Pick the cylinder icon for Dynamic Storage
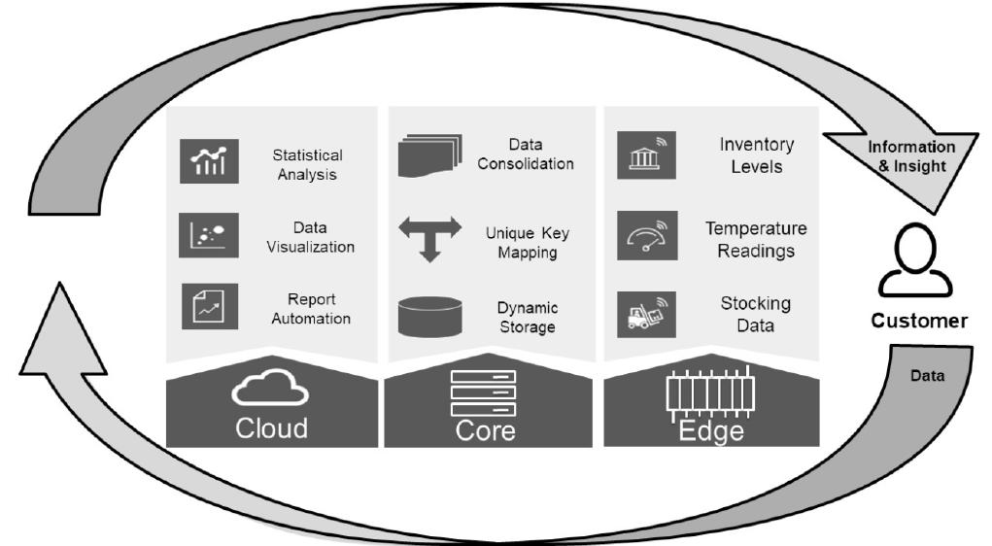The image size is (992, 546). (x=428, y=316)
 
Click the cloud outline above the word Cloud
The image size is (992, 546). (x=270, y=392)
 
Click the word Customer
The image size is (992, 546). (x=918, y=321)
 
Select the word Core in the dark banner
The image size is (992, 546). (x=486, y=430)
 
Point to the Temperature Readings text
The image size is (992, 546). (x=755, y=239)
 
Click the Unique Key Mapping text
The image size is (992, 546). (x=528, y=243)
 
